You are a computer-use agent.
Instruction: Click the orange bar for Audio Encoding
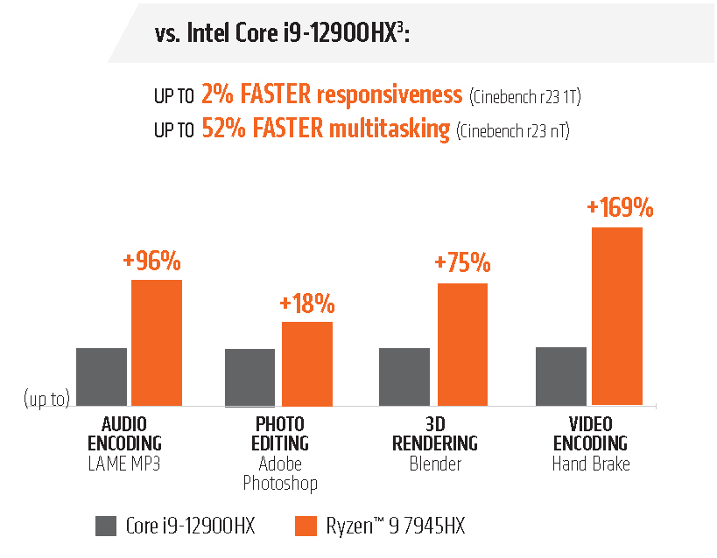click(157, 342)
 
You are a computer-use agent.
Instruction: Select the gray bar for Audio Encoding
click(102, 376)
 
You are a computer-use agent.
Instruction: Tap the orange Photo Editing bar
click(306, 363)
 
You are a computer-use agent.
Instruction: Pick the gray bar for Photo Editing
click(250, 377)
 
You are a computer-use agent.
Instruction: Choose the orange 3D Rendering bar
click(462, 344)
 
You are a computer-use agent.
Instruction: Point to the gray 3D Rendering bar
click(404, 376)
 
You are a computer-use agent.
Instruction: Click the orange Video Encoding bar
click(617, 316)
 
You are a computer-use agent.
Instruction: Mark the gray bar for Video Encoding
click(561, 376)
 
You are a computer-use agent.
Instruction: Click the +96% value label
click(152, 261)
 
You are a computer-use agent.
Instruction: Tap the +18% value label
click(307, 303)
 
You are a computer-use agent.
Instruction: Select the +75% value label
click(462, 264)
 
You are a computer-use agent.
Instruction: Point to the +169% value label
click(620, 208)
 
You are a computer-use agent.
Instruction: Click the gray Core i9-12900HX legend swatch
click(106, 526)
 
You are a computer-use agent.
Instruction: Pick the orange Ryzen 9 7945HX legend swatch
click(305, 526)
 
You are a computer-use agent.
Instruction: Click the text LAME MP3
click(124, 464)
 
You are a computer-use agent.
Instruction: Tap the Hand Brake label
click(590, 464)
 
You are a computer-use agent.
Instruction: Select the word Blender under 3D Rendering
click(434, 464)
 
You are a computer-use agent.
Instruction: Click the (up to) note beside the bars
click(46, 400)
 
